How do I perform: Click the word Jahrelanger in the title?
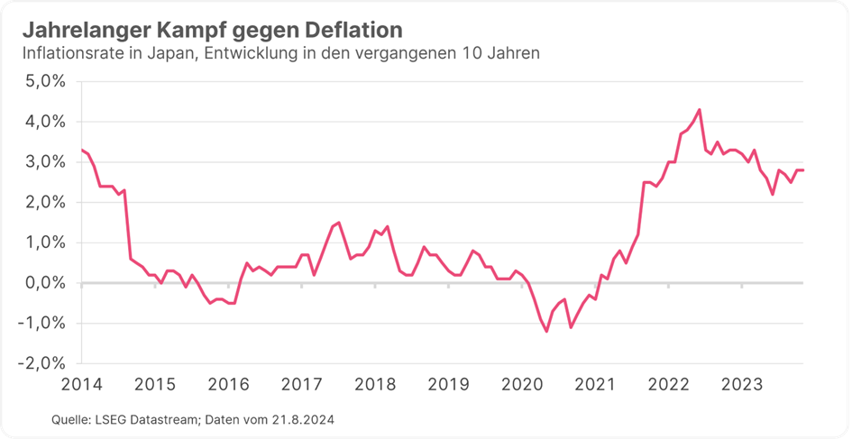click(78, 31)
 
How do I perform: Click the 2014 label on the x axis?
click(81, 385)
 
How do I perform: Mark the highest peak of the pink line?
click(700, 110)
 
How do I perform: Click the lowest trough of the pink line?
click(546, 331)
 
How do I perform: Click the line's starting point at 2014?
click(82, 150)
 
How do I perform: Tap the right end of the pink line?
click(802, 170)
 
